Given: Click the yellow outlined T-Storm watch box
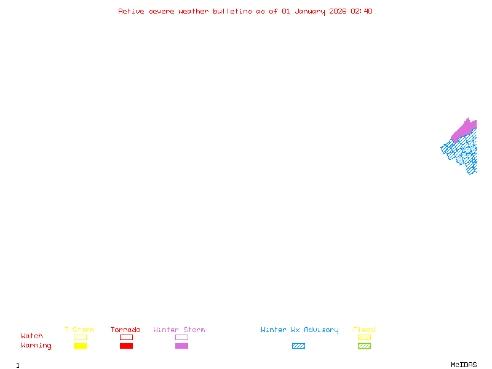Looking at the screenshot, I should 80,337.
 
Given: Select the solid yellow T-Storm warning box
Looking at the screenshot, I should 80,346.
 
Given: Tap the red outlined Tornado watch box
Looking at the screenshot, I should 126,337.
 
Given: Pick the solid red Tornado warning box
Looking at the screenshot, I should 126,346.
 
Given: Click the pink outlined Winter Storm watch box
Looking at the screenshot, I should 181,337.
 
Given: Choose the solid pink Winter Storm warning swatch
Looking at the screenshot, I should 181,346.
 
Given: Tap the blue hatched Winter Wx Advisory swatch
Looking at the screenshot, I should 298,346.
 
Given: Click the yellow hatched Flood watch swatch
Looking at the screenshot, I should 364,337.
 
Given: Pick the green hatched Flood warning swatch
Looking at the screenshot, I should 364,346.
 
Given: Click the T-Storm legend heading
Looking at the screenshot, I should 79,330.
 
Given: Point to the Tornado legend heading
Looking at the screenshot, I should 125,330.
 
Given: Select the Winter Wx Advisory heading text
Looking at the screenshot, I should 300,330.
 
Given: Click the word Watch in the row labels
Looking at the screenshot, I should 32,336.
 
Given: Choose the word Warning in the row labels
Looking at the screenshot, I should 36,346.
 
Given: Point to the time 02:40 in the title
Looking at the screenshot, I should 362,11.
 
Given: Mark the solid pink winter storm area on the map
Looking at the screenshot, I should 465,129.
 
